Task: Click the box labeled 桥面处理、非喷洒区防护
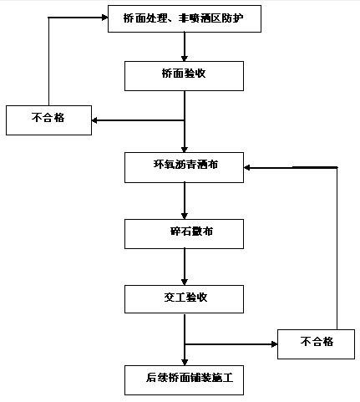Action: pyautogui.click(x=185, y=18)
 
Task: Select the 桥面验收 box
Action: pyautogui.click(x=184, y=76)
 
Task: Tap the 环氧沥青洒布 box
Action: pyautogui.click(x=184, y=167)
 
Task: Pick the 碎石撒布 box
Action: pyautogui.click(x=184, y=234)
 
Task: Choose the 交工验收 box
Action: pyautogui.click(x=184, y=299)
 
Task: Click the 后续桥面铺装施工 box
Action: pyautogui.click(x=184, y=380)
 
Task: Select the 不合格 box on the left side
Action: pyautogui.click(x=48, y=120)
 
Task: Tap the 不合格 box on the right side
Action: pyautogui.click(x=316, y=344)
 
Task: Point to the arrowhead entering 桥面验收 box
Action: pyautogui.click(x=185, y=59)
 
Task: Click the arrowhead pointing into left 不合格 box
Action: pyautogui.click(x=94, y=120)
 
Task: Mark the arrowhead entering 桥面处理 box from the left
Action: pyautogui.click(x=104, y=18)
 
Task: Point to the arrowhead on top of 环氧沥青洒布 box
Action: pyautogui.click(x=185, y=150)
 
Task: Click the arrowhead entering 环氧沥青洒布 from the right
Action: pyautogui.click(x=247, y=167)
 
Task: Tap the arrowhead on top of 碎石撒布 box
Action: pyautogui.click(x=185, y=216)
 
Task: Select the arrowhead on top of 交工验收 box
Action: pyautogui.click(x=185, y=282)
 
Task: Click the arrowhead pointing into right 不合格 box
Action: pyautogui.click(x=274, y=344)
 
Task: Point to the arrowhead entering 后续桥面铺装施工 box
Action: pyautogui.click(x=185, y=363)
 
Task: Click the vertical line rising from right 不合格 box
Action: pyautogui.click(x=337, y=248)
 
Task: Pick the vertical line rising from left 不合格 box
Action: pyautogui.click(x=48, y=62)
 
